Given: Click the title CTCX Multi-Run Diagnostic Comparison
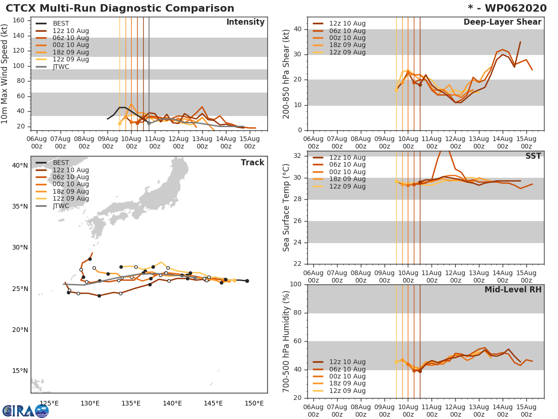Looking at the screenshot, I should click(x=120, y=8).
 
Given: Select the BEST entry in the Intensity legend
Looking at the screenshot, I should click(x=60, y=24).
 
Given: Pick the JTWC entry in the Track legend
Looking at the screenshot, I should click(x=61, y=206).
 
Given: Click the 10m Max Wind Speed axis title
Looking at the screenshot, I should click(x=5, y=74).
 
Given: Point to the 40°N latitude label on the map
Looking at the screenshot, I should click(x=20, y=165).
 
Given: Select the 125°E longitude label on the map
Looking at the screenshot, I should click(x=48, y=403).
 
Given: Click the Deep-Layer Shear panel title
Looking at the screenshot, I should click(x=502, y=22).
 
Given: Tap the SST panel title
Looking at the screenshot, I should click(x=533, y=156).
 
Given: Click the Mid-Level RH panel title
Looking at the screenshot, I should click(x=513, y=290).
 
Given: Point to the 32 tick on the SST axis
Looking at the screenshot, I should click(x=297, y=156).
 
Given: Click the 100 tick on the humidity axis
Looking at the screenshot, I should click(x=295, y=284).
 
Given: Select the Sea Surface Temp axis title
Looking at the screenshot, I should click(x=286, y=208).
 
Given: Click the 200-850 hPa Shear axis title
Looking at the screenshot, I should click(x=286, y=74).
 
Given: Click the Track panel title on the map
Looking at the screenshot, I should click(x=252, y=162).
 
